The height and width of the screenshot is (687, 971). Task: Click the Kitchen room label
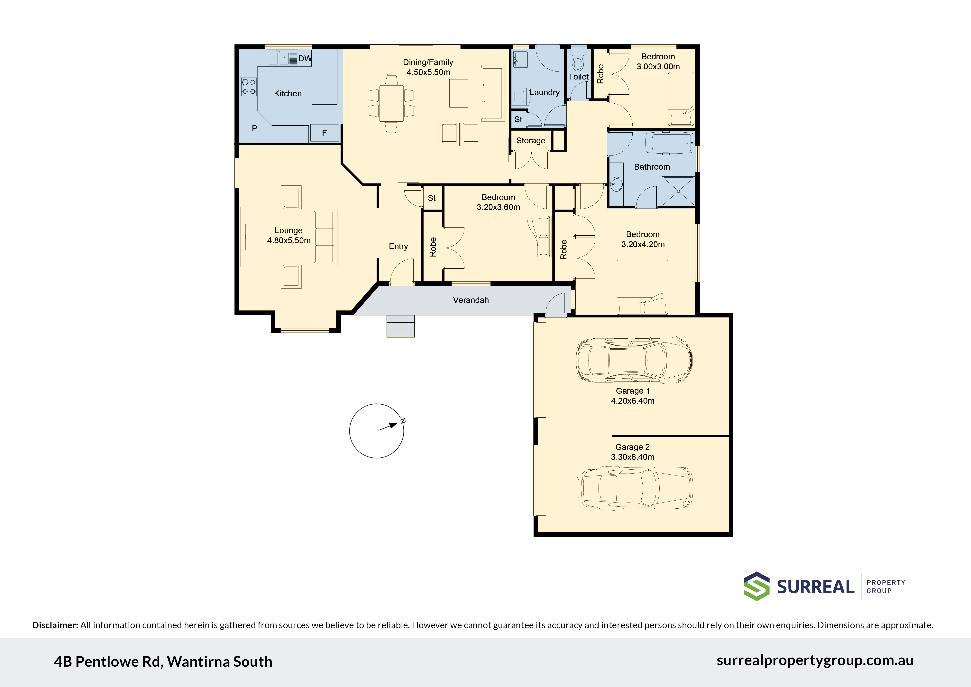coord(288,93)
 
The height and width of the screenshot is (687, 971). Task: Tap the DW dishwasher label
coord(305,58)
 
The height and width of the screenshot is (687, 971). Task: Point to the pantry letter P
coord(255,128)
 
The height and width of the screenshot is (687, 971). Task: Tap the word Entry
coord(398,246)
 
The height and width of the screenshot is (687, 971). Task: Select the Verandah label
coord(471,300)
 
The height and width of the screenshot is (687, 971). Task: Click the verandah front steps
coord(400,326)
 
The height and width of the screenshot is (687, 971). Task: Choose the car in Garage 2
coord(635,488)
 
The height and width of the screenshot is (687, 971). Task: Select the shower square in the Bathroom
coord(678,191)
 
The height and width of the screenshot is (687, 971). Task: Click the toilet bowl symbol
coord(578,61)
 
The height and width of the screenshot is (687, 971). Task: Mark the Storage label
coord(531,140)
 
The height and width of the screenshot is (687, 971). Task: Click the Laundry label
coord(545,92)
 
